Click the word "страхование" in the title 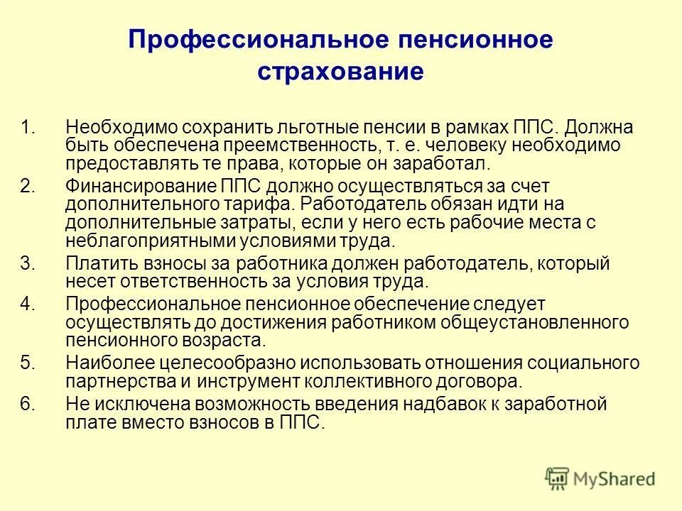[x=340, y=72]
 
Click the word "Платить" [x=94, y=263]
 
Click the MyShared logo [x=600, y=478]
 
